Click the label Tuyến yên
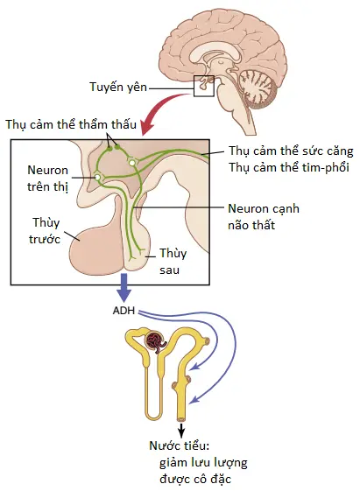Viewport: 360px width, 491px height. click(x=118, y=87)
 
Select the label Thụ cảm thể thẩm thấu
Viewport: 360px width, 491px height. click(x=71, y=124)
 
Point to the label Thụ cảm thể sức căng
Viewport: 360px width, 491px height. click(x=291, y=151)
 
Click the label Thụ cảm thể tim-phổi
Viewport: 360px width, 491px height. click(x=288, y=167)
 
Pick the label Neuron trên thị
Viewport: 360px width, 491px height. click(x=47, y=179)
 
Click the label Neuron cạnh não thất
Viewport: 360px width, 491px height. click(x=263, y=217)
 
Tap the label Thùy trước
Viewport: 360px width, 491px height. click(x=45, y=231)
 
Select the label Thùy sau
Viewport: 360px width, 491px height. click(x=173, y=261)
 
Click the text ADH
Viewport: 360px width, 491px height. click(x=124, y=311)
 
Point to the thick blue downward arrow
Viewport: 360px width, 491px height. click(x=124, y=287)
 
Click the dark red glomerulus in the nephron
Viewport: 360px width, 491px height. click(x=155, y=341)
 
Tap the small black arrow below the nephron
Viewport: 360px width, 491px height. click(x=181, y=431)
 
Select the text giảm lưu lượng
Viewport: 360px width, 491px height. click(x=203, y=462)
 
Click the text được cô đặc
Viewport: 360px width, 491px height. click(x=195, y=479)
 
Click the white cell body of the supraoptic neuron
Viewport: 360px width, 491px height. click(x=98, y=178)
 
